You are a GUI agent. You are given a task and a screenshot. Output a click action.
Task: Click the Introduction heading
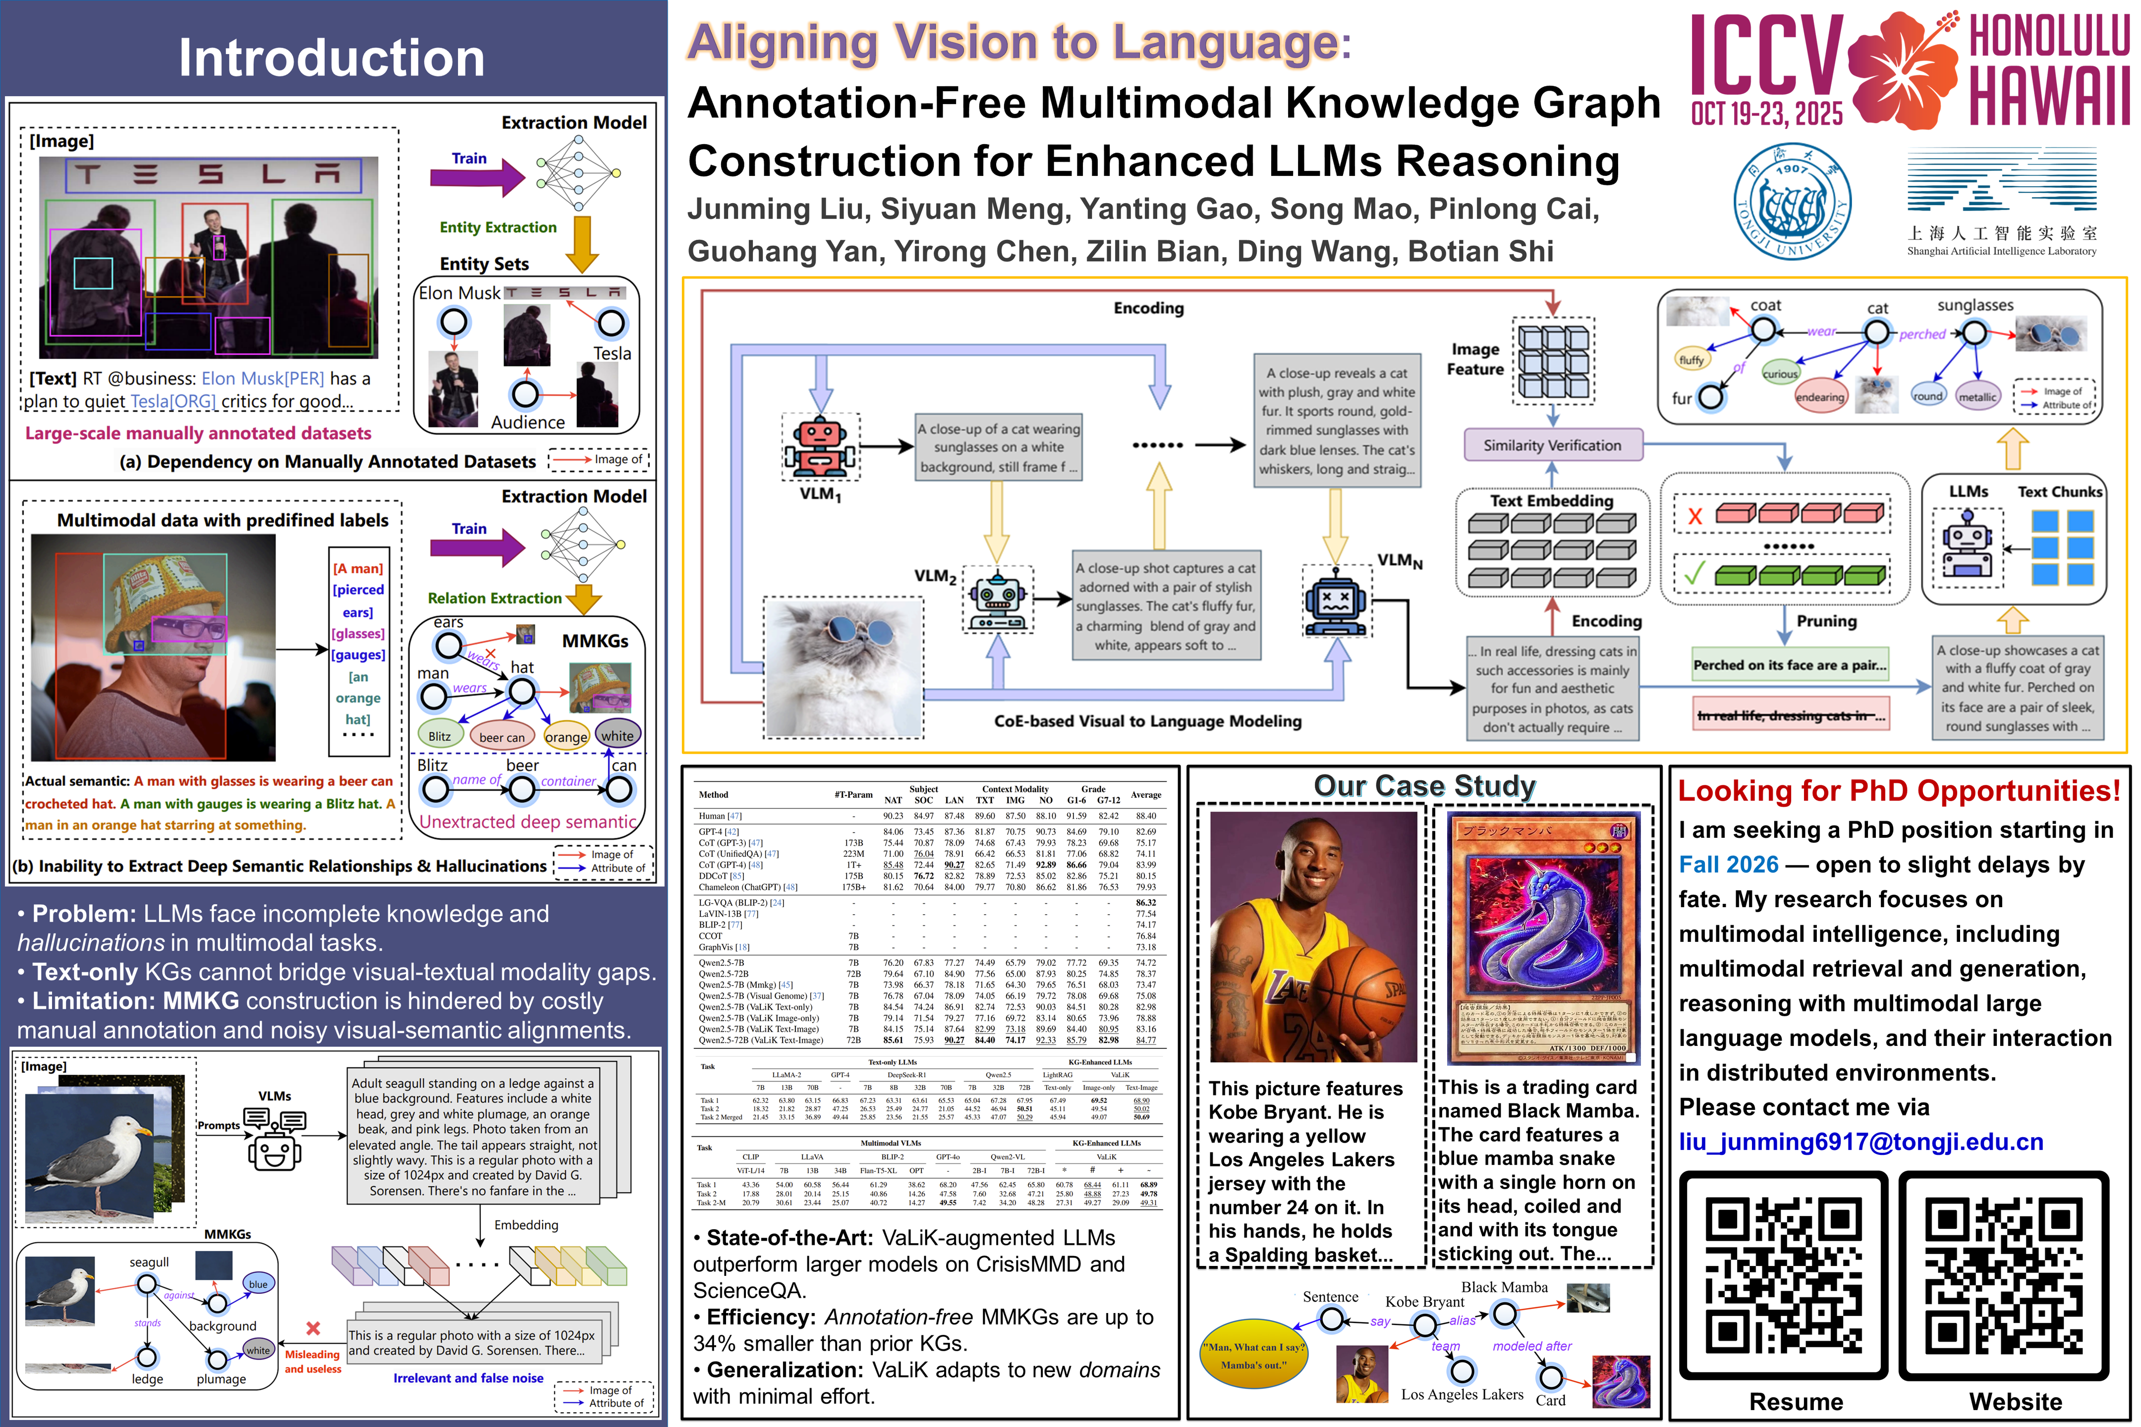[x=332, y=58]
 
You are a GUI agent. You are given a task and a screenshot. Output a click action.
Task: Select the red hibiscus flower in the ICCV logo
[x=1905, y=69]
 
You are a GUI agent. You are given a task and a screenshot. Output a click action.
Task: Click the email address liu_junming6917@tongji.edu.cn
[x=1860, y=1142]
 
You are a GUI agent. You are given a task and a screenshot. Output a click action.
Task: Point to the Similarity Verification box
[x=1552, y=445]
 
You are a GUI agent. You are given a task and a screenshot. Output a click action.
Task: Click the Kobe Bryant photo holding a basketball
[x=1313, y=937]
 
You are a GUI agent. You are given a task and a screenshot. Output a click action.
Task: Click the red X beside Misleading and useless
[x=313, y=1329]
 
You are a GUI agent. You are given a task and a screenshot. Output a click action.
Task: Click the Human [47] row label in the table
[x=720, y=817]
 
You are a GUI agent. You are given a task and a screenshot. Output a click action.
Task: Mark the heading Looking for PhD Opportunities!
[x=1899, y=791]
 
